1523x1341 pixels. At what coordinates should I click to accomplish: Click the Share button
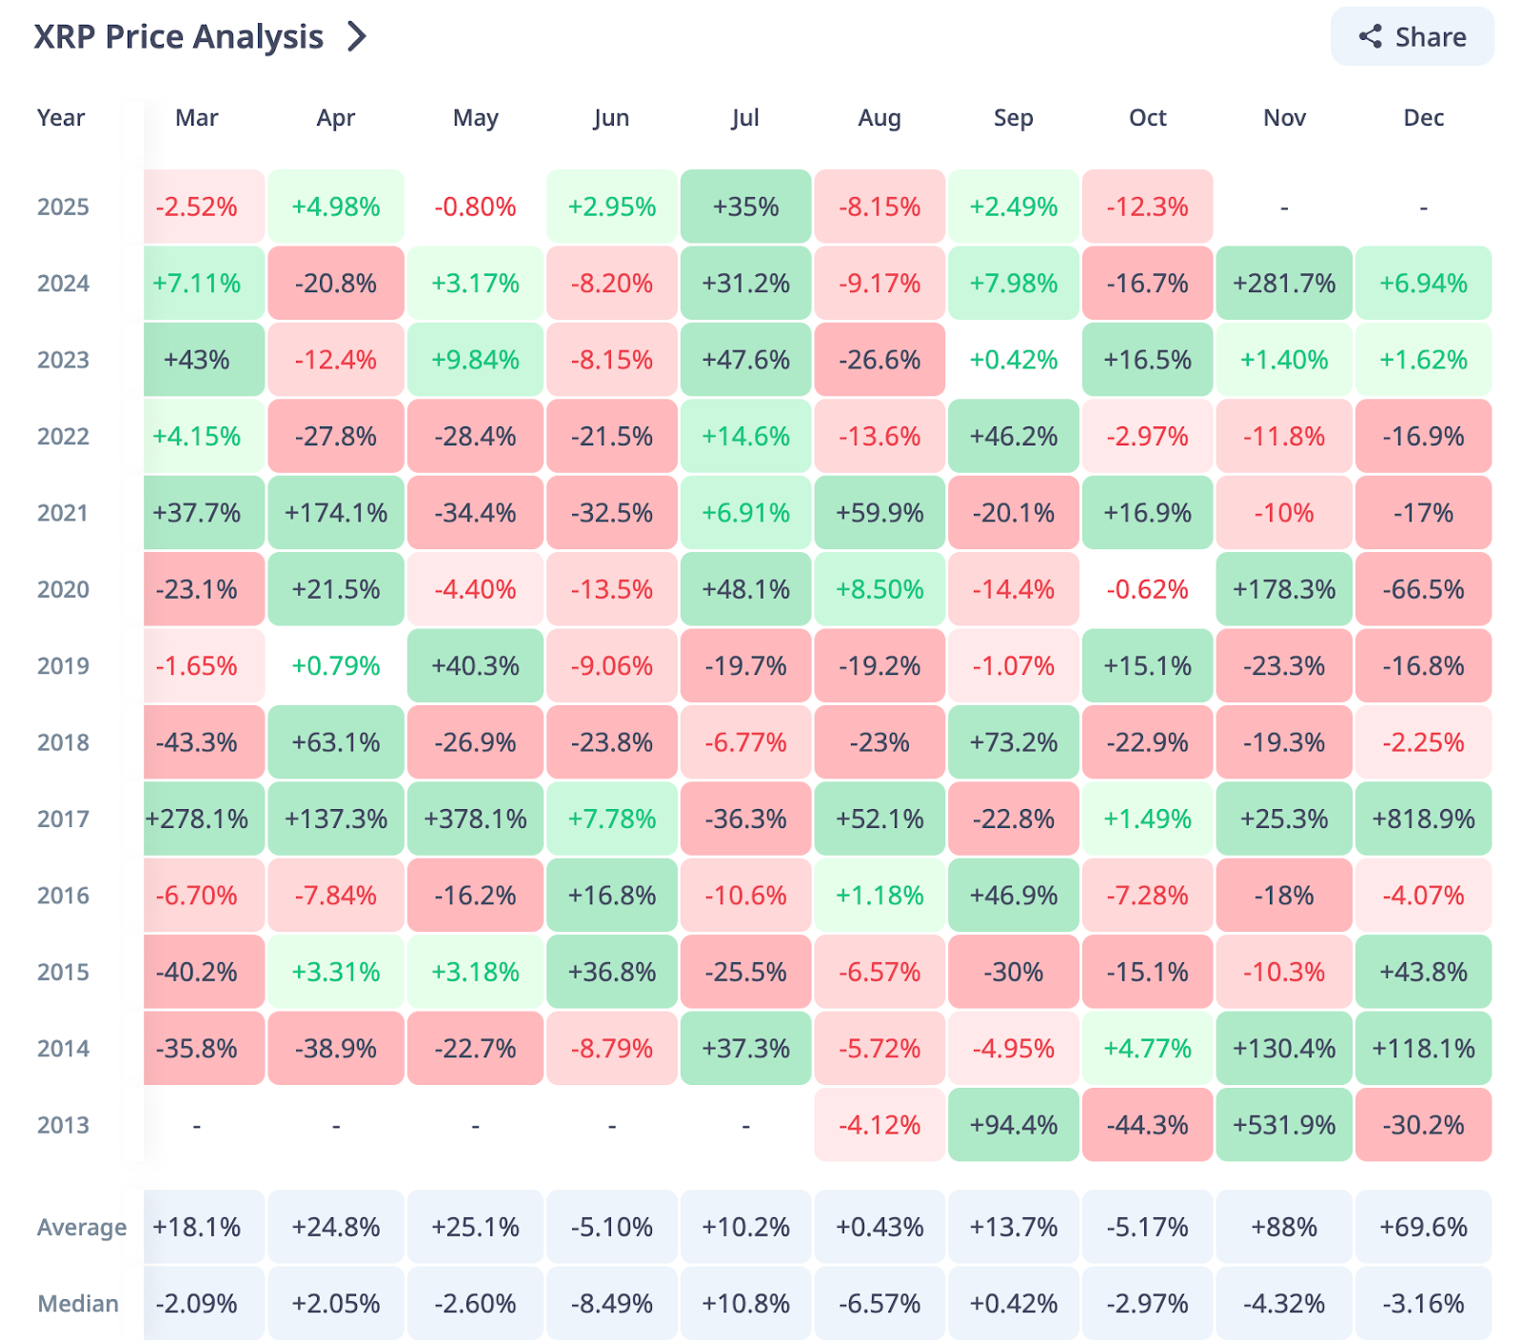[1412, 37]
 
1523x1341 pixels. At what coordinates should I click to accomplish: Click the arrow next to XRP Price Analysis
[357, 37]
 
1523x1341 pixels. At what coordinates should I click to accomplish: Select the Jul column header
[745, 118]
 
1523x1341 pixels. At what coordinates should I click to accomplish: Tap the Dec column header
[1423, 118]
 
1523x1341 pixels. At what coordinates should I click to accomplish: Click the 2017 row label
[63, 819]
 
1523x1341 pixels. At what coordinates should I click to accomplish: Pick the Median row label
[78, 1304]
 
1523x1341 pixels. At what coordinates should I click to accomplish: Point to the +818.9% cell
[1423, 819]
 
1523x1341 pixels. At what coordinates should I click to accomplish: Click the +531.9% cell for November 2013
[1284, 1125]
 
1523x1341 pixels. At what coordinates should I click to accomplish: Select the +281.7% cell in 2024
[1284, 284]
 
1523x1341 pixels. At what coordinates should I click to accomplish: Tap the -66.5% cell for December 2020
[1423, 590]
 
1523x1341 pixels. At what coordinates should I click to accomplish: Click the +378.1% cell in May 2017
[475, 819]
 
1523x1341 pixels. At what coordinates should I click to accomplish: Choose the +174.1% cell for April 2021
[336, 514]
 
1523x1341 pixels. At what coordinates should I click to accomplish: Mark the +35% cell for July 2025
[745, 207]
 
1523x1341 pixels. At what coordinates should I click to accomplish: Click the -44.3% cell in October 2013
[1147, 1125]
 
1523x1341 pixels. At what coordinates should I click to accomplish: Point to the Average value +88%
[1284, 1228]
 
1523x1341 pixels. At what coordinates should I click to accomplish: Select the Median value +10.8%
[745, 1304]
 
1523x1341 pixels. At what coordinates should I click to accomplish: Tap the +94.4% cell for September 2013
[1013, 1125]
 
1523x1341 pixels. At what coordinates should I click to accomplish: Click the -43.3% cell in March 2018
[197, 742]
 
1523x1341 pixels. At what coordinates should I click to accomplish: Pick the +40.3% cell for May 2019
[475, 666]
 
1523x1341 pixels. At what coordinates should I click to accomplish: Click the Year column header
[61, 118]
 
